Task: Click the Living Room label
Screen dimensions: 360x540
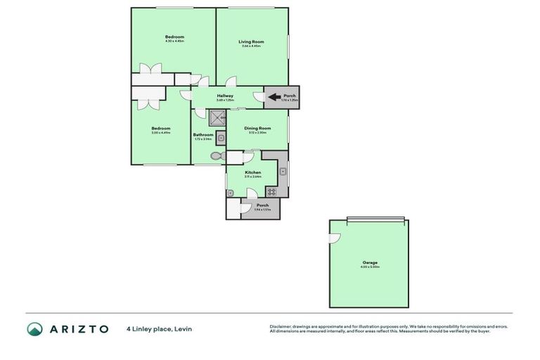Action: pos(251,41)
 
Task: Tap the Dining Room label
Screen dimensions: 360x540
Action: pos(257,128)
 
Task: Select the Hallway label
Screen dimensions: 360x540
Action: pos(225,96)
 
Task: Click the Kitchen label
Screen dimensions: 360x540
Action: pos(252,172)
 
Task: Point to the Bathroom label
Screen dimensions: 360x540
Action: pos(203,134)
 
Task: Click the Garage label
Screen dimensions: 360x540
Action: pos(370,262)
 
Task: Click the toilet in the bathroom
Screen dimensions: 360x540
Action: pos(216,155)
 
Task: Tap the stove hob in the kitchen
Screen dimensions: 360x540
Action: pos(271,191)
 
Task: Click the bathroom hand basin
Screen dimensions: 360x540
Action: pos(220,137)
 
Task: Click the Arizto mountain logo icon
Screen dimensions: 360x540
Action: pos(34,328)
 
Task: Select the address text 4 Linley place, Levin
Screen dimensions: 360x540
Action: pos(159,328)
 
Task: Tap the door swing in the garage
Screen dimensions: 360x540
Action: pos(336,238)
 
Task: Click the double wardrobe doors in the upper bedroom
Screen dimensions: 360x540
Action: pos(149,69)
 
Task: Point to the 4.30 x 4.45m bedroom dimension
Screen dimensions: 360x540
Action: pos(174,41)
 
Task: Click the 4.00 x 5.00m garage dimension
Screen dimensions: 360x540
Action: pos(370,266)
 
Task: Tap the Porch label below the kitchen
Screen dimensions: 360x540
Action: pos(262,205)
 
